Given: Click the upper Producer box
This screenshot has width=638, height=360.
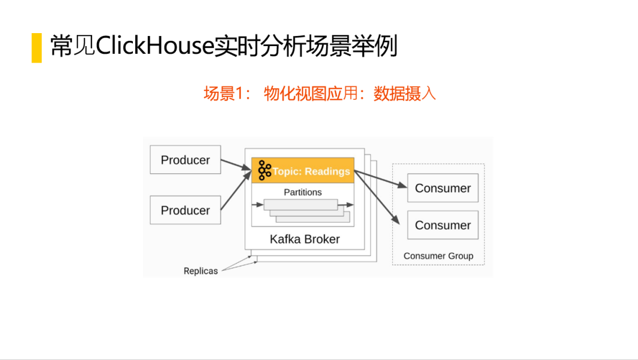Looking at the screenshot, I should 185,160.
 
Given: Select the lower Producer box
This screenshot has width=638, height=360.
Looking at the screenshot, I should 185,210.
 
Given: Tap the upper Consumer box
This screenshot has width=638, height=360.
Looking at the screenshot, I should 442,188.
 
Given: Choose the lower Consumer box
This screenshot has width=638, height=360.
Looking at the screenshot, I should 442,225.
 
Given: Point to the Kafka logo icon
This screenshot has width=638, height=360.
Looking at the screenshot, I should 264,170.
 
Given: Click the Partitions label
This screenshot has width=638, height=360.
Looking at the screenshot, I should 302,192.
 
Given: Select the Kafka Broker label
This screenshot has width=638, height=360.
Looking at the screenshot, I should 305,239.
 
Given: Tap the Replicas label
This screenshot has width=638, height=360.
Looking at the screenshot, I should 200,271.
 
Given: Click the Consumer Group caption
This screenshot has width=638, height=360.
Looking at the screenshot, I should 438,256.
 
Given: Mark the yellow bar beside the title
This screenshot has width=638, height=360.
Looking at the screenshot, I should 37,47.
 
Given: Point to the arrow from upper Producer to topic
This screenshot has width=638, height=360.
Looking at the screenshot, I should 236,164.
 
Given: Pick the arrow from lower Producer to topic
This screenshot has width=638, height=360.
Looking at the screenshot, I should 236,190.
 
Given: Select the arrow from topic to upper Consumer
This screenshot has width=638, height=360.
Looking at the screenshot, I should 381,179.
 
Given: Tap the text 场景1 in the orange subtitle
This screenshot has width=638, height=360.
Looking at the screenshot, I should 227,93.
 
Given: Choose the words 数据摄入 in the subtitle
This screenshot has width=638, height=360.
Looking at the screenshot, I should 405,93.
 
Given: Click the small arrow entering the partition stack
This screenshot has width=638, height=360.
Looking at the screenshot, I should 257,205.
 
